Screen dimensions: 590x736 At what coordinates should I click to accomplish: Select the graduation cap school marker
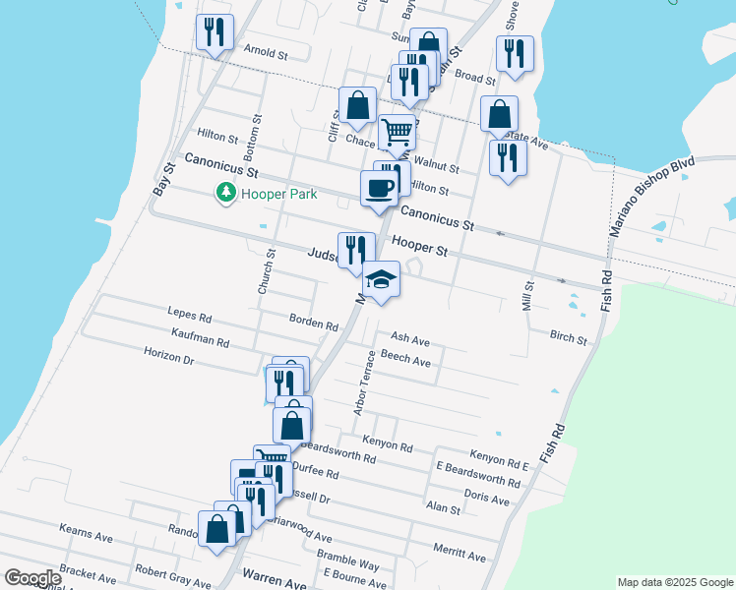click(381, 280)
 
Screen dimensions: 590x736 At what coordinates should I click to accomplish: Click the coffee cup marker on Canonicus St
click(379, 187)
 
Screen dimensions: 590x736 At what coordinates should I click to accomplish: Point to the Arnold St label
click(265, 53)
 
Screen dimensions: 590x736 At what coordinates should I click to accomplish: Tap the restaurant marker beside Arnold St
click(213, 32)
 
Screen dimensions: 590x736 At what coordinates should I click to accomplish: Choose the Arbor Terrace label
click(366, 382)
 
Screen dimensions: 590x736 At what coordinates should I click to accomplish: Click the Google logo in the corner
click(33, 578)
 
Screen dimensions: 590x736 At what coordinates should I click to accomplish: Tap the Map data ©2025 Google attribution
click(676, 582)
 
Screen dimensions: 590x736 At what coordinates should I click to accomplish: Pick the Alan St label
click(443, 508)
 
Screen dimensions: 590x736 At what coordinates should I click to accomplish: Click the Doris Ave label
click(486, 499)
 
